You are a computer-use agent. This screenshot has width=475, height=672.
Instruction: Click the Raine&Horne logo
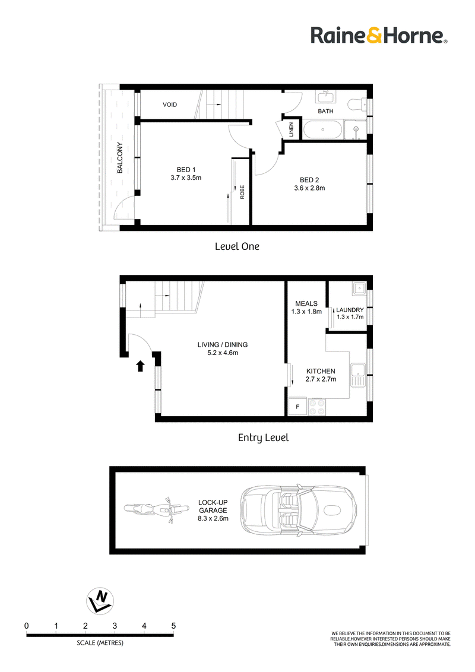coord(379,35)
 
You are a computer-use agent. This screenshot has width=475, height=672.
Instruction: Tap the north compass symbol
coord(100,600)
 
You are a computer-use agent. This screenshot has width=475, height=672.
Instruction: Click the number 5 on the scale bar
coord(173,626)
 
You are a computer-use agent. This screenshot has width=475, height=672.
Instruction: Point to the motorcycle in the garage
coord(157,509)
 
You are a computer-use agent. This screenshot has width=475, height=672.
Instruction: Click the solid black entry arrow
coord(140,366)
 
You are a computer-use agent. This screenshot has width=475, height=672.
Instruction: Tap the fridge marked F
coord(297,406)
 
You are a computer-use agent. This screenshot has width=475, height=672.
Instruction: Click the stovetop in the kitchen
coord(317,407)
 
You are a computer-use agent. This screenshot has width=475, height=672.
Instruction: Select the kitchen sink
coord(357,375)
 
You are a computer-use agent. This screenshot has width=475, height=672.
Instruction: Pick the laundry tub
coord(359,289)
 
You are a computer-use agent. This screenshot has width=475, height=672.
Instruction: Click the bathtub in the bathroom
coord(322,129)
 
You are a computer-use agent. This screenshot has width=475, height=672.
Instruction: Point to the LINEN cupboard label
coord(291,129)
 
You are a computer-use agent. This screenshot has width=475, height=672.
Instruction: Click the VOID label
coord(170,104)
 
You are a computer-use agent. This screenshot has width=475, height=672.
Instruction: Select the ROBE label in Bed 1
coord(242,192)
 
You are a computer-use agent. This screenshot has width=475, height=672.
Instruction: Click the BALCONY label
coord(119,158)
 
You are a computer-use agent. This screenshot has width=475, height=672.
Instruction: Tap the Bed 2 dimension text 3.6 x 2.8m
coord(309,188)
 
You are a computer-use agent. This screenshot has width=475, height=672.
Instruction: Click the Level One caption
coord(237,246)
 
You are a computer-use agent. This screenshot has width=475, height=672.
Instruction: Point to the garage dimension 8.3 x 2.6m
coord(213,518)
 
